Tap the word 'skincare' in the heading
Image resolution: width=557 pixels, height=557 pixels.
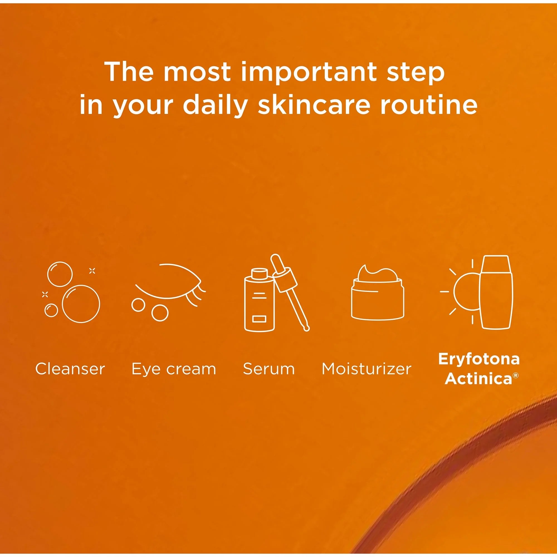(x=313, y=104)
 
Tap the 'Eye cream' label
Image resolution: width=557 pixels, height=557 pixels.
(x=174, y=370)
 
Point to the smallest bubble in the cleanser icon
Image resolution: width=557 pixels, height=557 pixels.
(x=51, y=311)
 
